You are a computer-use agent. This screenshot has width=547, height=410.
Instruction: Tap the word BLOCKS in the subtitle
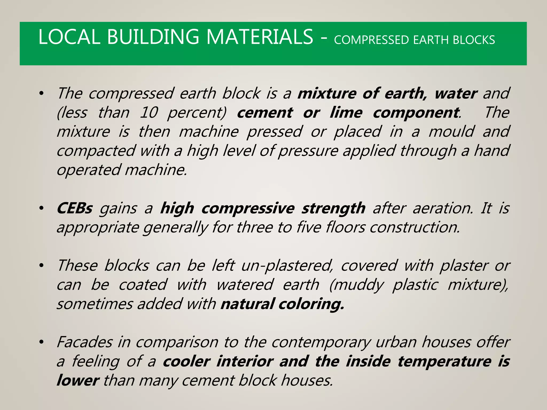pos(474,40)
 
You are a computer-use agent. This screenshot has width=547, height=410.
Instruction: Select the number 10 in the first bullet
pos(149,112)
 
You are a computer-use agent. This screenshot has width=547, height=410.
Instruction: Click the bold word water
pos(456,93)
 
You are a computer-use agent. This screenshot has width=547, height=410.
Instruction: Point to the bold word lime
pos(346,112)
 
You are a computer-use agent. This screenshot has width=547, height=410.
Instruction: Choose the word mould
pos(452,132)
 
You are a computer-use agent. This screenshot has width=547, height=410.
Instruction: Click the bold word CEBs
pos(75,208)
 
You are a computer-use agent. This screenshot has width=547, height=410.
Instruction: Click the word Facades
pos(85,342)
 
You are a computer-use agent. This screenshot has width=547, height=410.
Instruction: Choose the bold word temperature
pos(444,361)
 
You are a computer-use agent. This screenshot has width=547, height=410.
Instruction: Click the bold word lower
pos(78,381)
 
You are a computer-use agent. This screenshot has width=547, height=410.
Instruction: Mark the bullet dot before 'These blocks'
pos(41,266)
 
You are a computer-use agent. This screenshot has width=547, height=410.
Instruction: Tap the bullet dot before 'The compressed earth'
pos(41,94)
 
